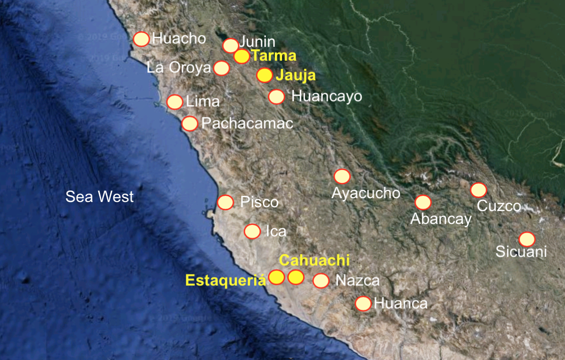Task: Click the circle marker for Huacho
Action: click(141, 39)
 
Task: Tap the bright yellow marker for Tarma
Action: click(242, 56)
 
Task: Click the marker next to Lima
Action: click(175, 102)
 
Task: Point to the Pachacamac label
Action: click(247, 124)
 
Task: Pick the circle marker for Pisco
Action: click(226, 202)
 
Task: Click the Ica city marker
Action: click(252, 231)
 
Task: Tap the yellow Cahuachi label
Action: click(315, 260)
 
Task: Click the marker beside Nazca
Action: click(321, 281)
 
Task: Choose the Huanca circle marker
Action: click(363, 303)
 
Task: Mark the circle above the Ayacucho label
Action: click(342, 176)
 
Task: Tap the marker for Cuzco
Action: click(478, 190)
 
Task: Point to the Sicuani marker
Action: click(527, 239)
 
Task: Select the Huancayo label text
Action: click(327, 96)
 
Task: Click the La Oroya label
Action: click(179, 68)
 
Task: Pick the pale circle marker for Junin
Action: click(230, 45)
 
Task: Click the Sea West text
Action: click(100, 196)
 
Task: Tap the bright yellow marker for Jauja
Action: click(264, 76)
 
